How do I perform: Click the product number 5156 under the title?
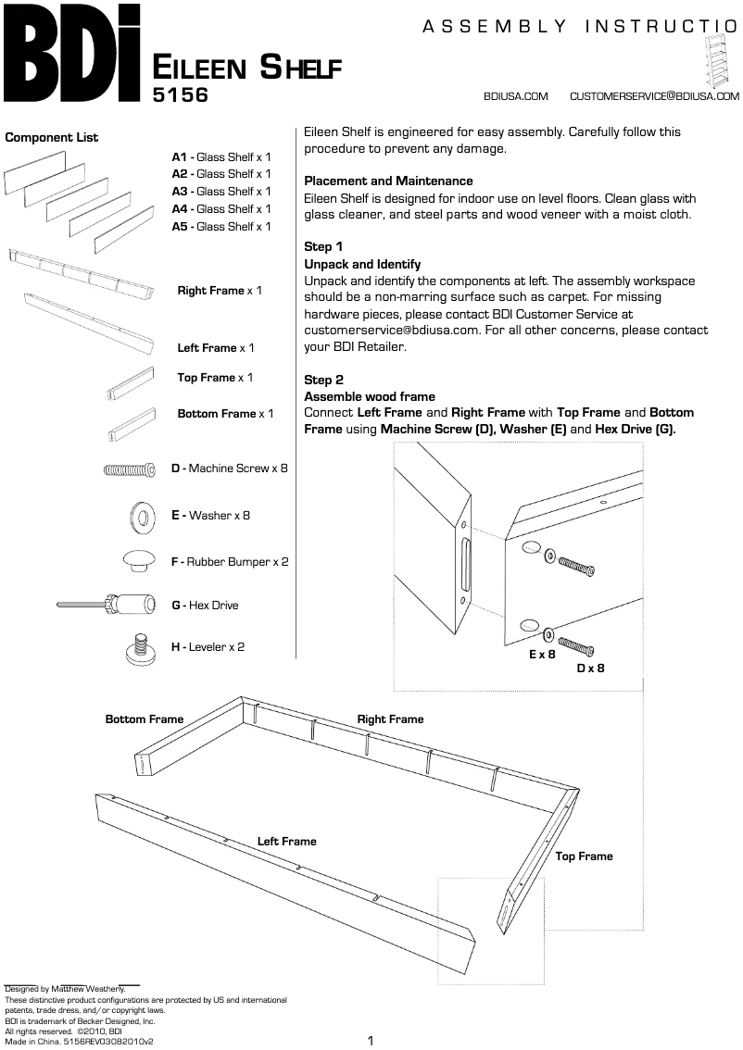pyautogui.click(x=182, y=94)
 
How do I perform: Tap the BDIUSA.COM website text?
pyautogui.click(x=516, y=96)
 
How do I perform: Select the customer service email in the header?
pyautogui.click(x=654, y=96)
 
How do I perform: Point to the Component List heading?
pyautogui.click(x=52, y=138)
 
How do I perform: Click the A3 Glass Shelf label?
pyautogui.click(x=221, y=192)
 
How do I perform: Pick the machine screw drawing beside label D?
pyautogui.click(x=130, y=469)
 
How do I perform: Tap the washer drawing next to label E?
pyautogui.click(x=145, y=516)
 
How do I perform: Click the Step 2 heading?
pyautogui.click(x=323, y=381)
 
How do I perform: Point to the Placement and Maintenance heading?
pyautogui.click(x=388, y=181)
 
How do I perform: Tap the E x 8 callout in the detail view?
pyautogui.click(x=542, y=654)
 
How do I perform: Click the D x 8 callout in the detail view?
pyautogui.click(x=590, y=668)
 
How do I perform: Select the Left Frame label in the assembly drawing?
pyautogui.click(x=286, y=842)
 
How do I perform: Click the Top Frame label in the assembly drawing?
pyautogui.click(x=584, y=856)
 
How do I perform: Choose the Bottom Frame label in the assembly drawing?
pyautogui.click(x=145, y=719)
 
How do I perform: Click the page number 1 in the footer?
pyautogui.click(x=371, y=1041)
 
